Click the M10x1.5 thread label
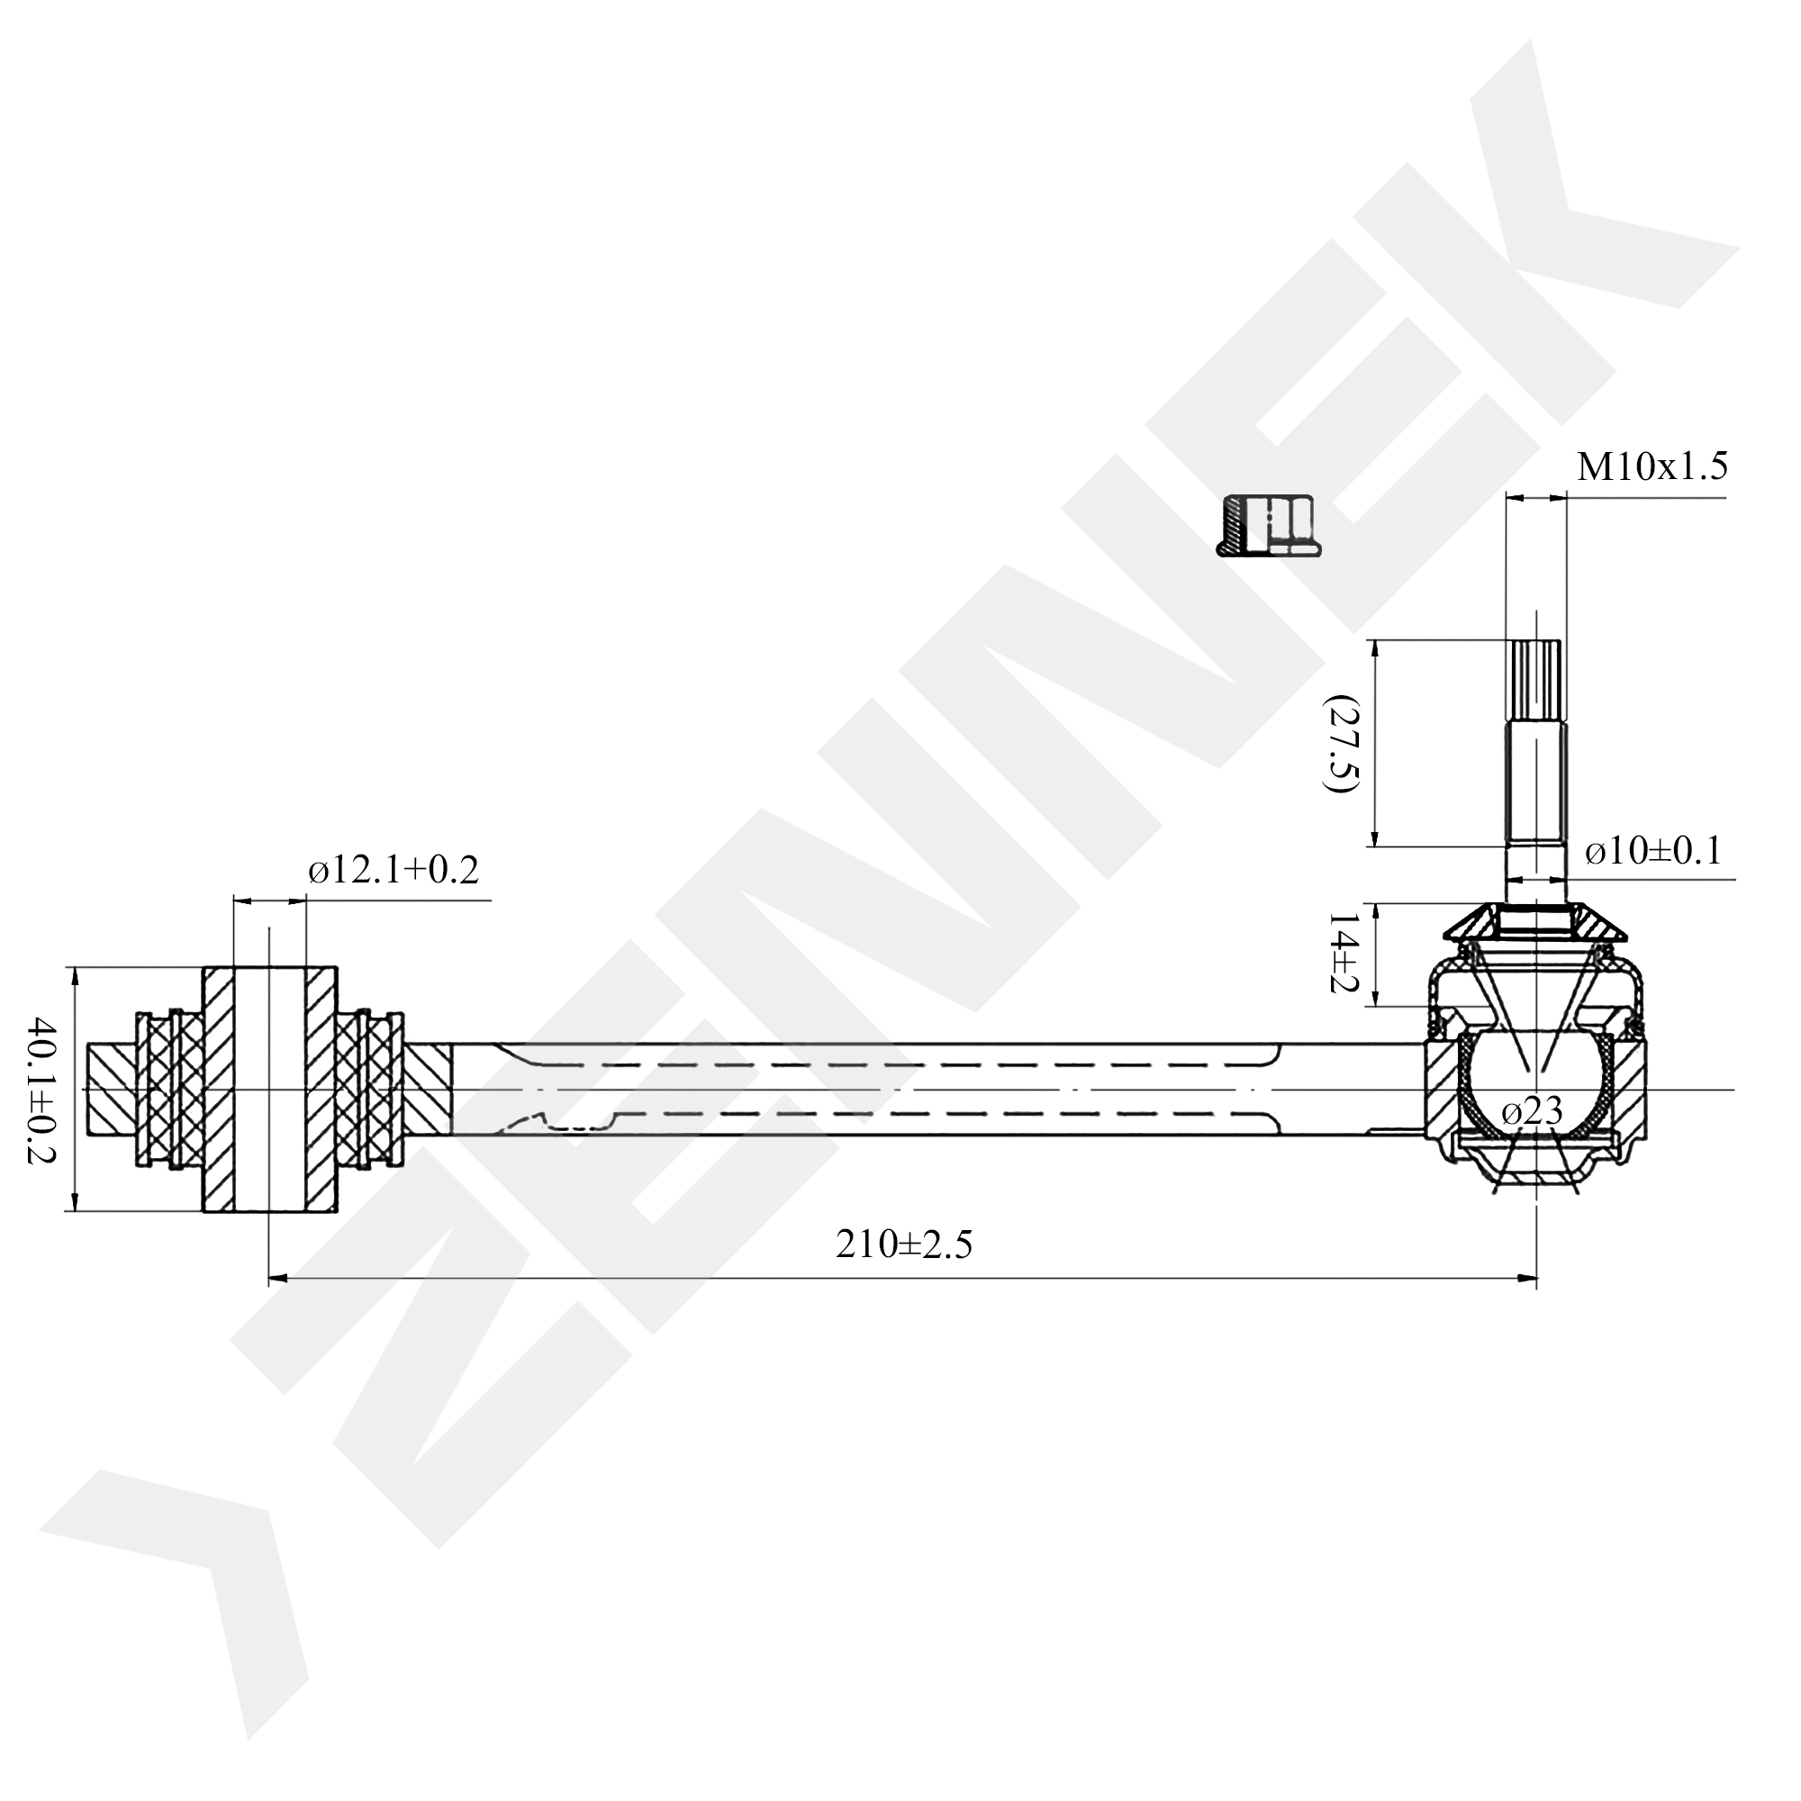pyautogui.click(x=1652, y=466)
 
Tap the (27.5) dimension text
pyautogui.click(x=1344, y=743)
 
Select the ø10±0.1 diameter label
pyautogui.click(x=1652, y=851)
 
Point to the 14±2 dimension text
pyautogui.click(x=1344, y=953)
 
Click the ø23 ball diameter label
pyautogui.click(x=1533, y=1110)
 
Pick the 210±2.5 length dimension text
pyautogui.click(x=903, y=1244)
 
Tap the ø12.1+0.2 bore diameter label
pyautogui.click(x=394, y=871)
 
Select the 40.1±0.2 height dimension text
pyautogui.click(x=42, y=1090)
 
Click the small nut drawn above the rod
pyautogui.click(x=1269, y=526)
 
